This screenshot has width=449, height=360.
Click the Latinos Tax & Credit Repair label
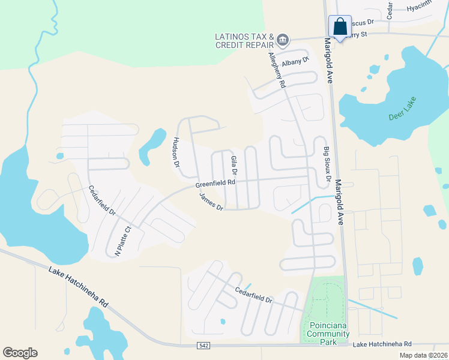click(x=244, y=41)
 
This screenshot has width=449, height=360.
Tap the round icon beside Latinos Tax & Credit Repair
click(x=283, y=41)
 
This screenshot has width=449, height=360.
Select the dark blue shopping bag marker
click(x=340, y=28)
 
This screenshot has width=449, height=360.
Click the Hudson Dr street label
click(x=176, y=151)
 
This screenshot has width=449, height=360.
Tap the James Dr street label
click(x=211, y=202)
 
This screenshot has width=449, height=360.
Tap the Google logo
click(x=20, y=353)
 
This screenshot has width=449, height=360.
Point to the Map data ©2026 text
click(x=423, y=355)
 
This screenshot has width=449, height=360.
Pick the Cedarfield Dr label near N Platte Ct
click(x=102, y=201)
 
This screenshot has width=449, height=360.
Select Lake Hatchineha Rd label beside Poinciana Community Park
click(x=382, y=344)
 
